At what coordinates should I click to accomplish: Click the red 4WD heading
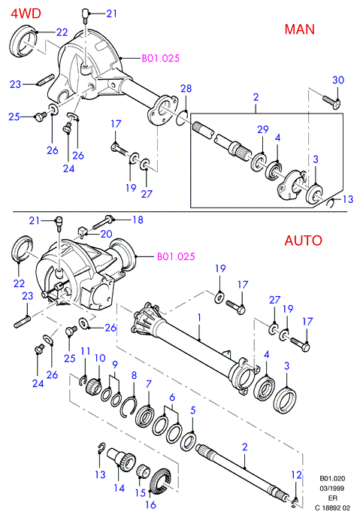click(x=26, y=14)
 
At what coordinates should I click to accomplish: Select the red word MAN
click(x=300, y=29)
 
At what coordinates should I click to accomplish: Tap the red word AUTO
click(x=303, y=241)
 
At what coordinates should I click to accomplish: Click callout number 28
click(x=186, y=89)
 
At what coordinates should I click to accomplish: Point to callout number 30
click(x=338, y=80)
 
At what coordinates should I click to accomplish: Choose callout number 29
click(x=263, y=129)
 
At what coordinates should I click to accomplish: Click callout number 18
click(x=138, y=220)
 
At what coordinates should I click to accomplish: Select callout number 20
click(x=107, y=234)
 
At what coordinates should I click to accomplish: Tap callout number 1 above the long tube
click(x=199, y=317)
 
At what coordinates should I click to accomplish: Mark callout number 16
click(x=151, y=504)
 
